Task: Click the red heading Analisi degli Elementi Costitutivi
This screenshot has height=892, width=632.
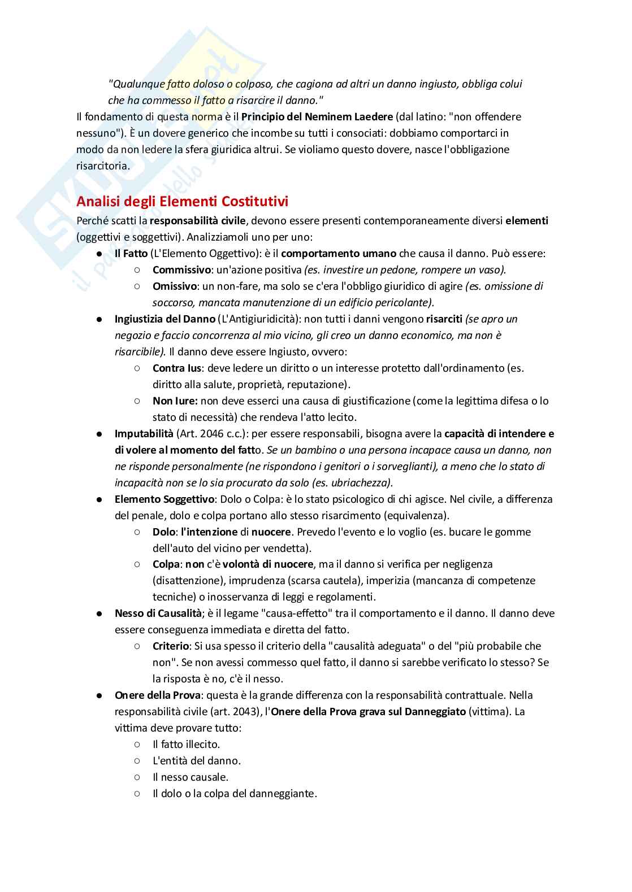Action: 182,201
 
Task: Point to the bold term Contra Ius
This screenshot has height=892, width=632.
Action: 177,368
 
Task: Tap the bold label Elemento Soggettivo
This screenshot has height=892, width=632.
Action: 164,499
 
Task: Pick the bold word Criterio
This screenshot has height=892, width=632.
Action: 170,646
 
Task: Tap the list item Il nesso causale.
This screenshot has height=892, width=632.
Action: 191,777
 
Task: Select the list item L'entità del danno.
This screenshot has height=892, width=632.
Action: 196,761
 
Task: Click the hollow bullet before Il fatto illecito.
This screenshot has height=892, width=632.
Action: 137,745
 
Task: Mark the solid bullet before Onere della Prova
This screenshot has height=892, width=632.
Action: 99,695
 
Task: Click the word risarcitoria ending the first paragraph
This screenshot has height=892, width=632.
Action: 102,166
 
